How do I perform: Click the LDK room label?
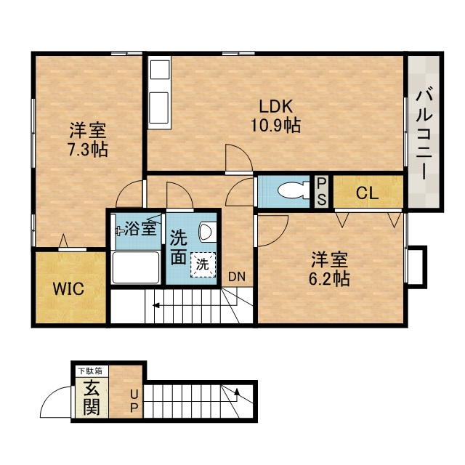coord(276,107)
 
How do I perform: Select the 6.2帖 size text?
coord(329,278)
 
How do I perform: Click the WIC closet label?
coord(68,288)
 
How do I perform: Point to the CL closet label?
coord(367,194)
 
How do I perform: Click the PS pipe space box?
coord(321,191)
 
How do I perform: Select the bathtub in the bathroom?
coord(136,267)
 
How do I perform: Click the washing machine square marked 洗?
coord(203,264)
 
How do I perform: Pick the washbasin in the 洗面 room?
coord(207,232)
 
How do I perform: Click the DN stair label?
coord(237,277)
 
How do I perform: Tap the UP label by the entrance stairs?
coord(134,402)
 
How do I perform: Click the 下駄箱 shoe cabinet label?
coord(90,371)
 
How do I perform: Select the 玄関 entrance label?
coord(91,397)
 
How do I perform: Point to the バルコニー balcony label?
coord(423,134)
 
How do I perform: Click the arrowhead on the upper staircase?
coord(155,305)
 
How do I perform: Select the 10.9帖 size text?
coord(276,125)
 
